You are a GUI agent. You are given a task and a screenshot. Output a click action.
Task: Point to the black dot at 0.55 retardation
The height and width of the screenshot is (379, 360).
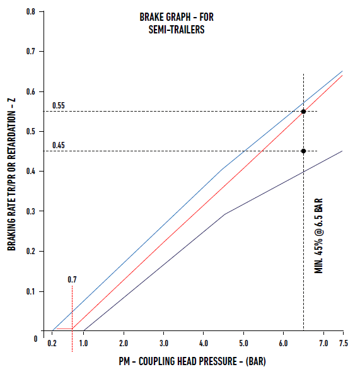coord(303,112)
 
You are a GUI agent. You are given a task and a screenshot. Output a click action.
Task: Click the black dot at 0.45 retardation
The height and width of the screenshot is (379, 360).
coord(303,151)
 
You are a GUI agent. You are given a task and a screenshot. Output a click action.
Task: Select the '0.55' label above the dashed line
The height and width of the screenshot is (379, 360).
coord(59,105)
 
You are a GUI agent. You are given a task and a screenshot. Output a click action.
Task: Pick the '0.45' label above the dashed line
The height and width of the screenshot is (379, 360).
coord(59,145)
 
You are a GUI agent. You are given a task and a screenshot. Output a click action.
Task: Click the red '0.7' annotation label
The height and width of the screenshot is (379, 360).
coord(73,279)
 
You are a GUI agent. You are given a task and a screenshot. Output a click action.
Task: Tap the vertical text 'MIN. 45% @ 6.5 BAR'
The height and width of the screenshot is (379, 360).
coord(319,236)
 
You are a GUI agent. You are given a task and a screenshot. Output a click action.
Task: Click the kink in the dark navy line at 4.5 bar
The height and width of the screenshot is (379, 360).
coord(224,214)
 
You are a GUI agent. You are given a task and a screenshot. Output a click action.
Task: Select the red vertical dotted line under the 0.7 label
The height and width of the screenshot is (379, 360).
coord(73,309)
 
